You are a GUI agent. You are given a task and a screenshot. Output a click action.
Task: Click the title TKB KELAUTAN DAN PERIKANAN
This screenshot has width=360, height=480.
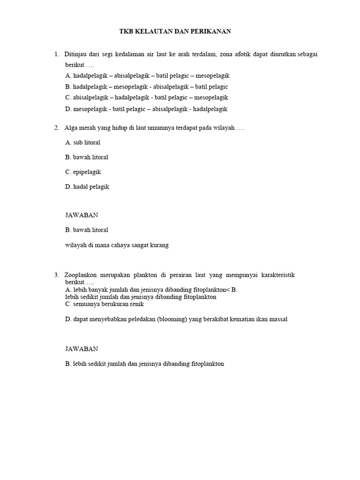[174, 31]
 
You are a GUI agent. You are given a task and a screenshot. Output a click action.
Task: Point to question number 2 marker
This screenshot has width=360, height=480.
[56, 127]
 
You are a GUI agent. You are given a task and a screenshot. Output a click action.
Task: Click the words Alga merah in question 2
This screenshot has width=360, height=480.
[80, 127]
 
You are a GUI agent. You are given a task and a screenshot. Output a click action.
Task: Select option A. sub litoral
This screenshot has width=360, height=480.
[83, 142]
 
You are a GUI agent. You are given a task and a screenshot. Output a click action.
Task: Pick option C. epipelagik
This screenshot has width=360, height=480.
[83, 172]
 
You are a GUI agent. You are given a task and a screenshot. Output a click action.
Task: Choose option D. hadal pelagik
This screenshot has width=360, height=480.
[87, 187]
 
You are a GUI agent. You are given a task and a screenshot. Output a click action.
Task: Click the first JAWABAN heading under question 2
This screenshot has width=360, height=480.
[82, 215]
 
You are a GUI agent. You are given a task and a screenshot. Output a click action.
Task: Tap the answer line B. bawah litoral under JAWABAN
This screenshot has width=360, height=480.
[87, 230]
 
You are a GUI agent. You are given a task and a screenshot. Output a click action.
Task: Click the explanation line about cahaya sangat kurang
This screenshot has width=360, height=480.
[117, 245]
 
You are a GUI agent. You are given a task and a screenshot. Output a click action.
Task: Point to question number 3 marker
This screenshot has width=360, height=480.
[56, 275]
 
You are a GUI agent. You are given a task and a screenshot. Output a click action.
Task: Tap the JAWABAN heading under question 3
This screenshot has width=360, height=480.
[82, 349]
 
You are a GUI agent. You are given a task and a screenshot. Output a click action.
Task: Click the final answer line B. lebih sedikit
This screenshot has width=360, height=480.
[145, 363]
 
